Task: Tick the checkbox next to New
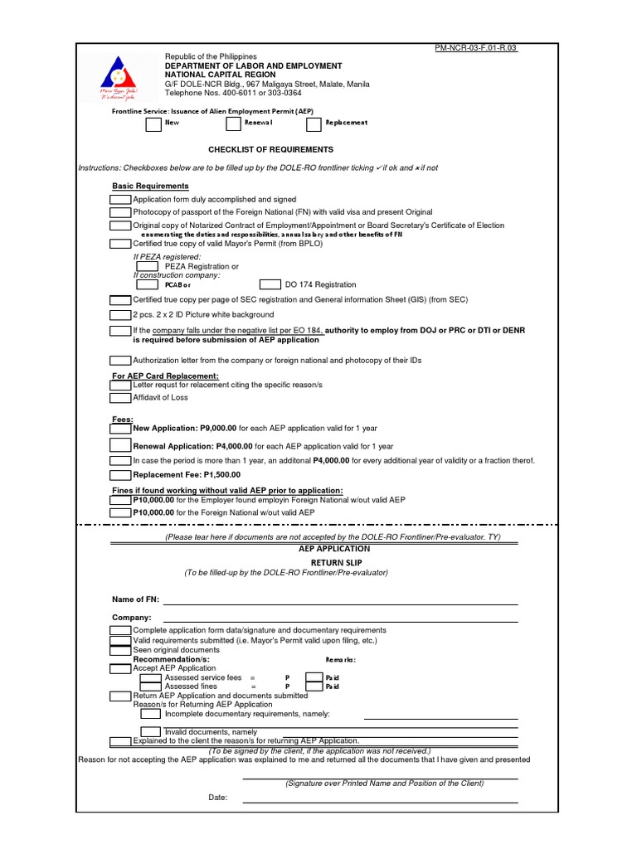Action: tap(153, 124)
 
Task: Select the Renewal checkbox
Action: tap(233, 124)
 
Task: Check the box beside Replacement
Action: tap(314, 124)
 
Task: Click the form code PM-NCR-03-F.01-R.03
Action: tap(476, 48)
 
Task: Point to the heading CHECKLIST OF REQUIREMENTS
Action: tap(270, 149)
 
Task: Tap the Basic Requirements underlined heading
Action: tap(150, 186)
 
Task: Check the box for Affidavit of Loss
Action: tap(121, 398)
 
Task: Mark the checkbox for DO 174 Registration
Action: tap(270, 284)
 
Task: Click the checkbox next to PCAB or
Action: tap(147, 284)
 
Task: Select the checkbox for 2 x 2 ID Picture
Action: tap(121, 315)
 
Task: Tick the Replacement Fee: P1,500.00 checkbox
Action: tap(121, 475)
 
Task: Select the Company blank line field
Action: tap(340, 618)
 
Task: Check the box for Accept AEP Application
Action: tap(121, 668)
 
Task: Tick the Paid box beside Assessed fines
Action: tap(314, 687)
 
